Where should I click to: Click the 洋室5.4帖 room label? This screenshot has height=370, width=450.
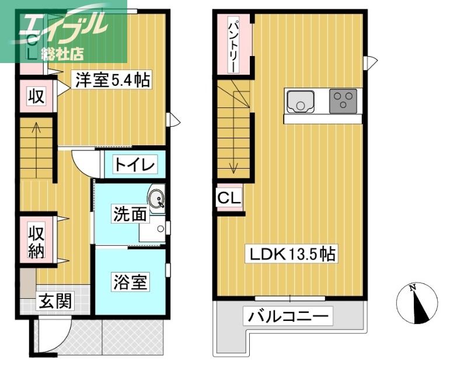[111, 80]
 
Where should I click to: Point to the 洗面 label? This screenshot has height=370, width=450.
[130, 215]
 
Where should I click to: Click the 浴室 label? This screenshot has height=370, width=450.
[130, 282]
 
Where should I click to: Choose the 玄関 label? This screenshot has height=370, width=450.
[55, 301]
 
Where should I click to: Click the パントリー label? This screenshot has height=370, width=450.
[232, 45]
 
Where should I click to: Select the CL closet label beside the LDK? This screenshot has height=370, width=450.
[229, 199]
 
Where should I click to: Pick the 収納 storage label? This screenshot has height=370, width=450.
[37, 241]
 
